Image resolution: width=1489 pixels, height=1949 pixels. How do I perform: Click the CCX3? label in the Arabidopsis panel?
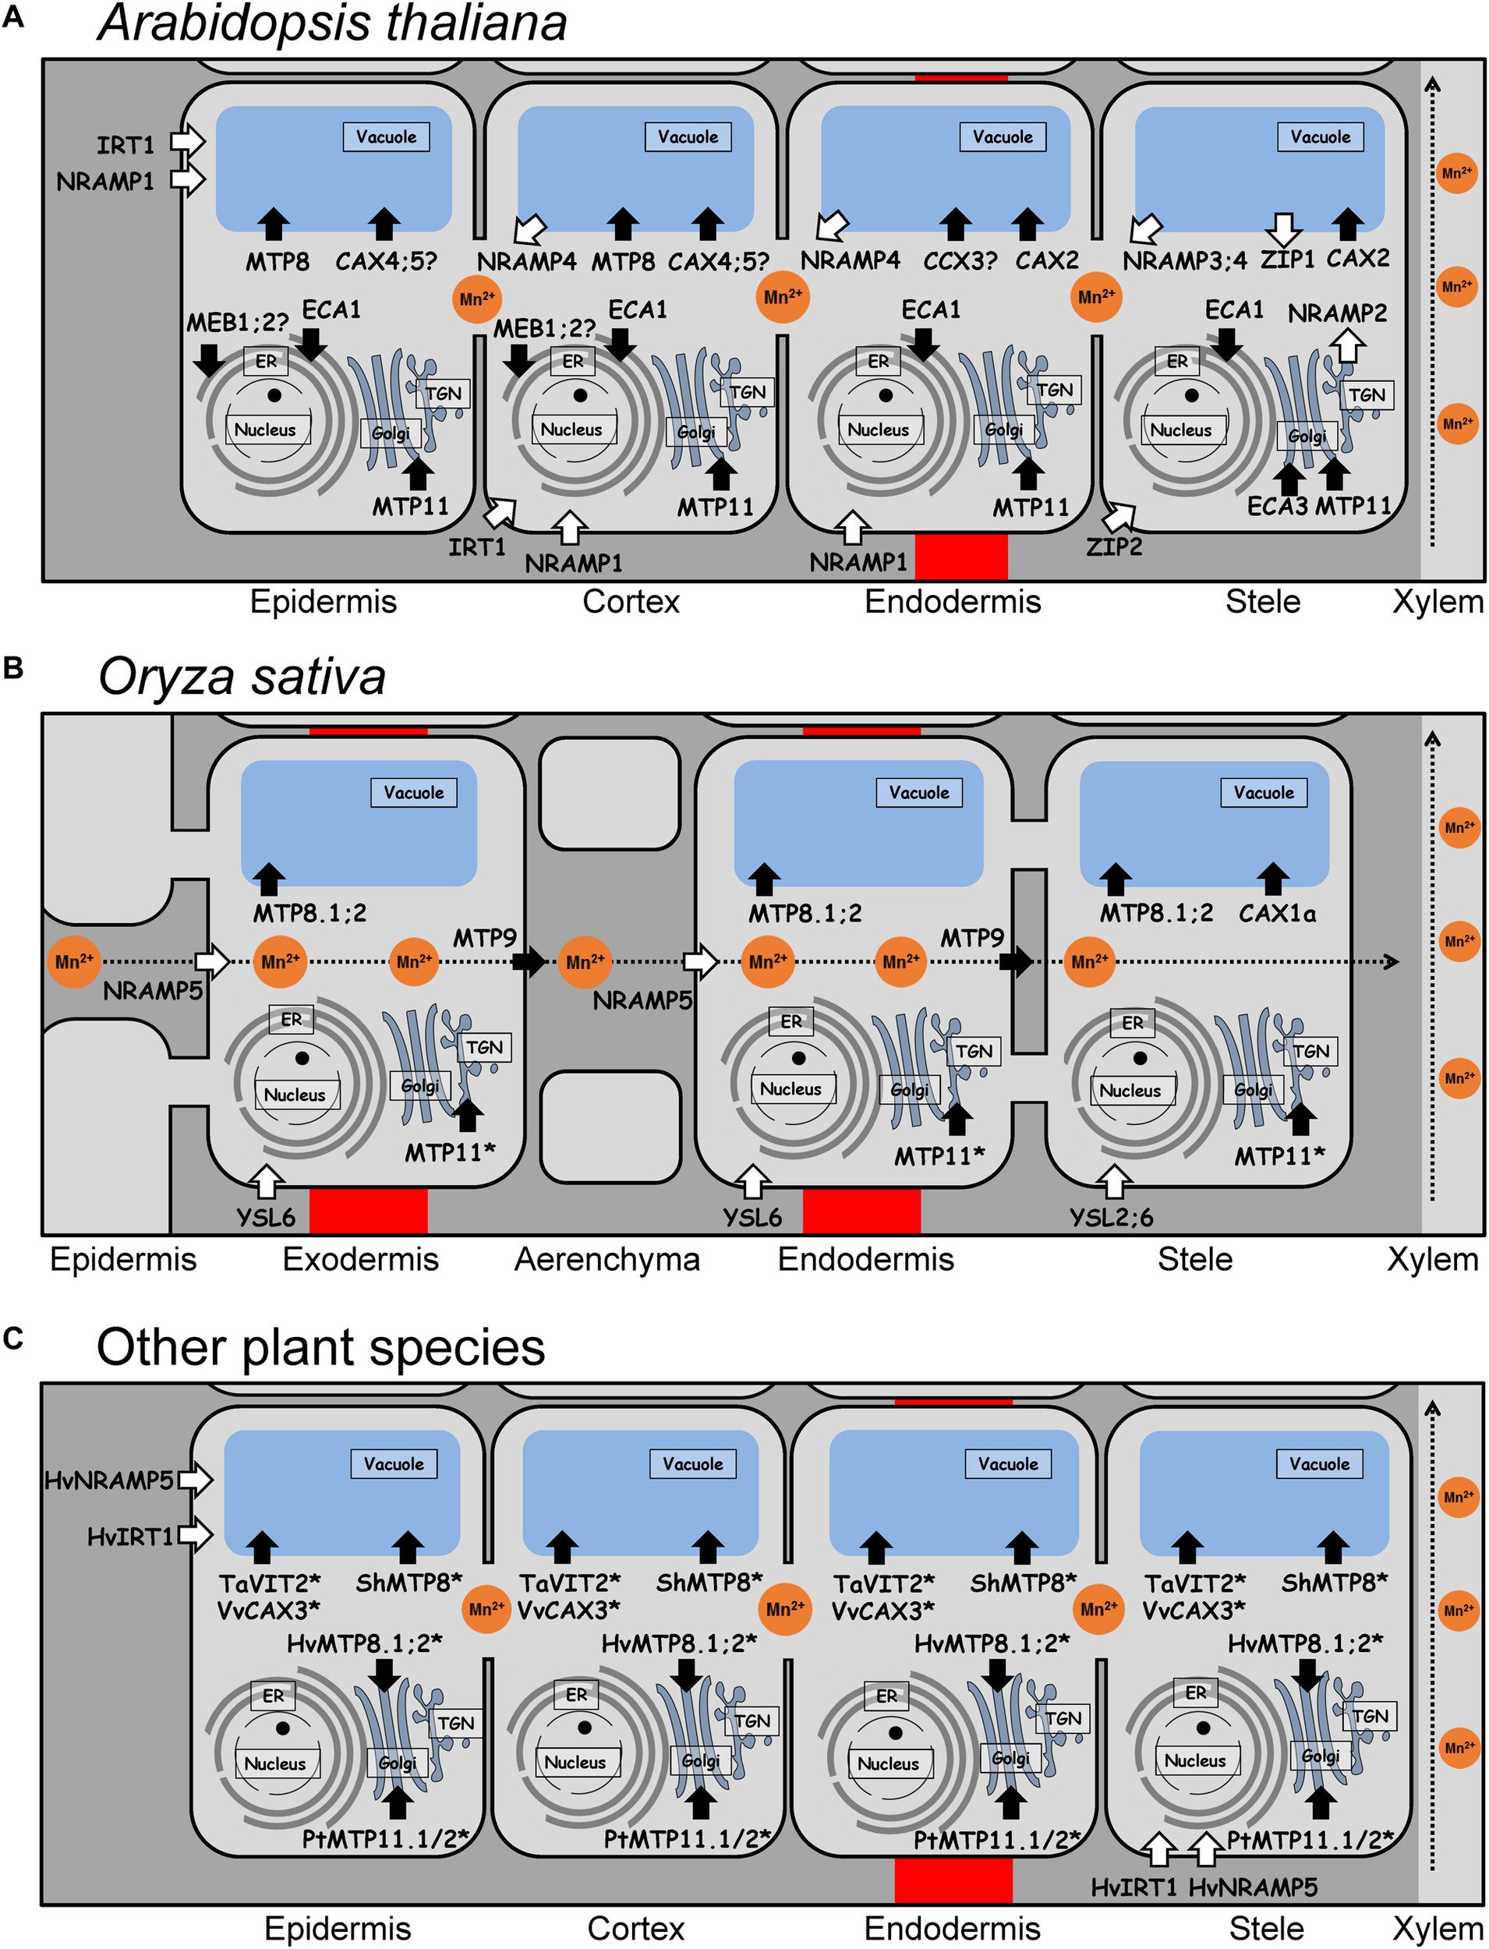[960, 260]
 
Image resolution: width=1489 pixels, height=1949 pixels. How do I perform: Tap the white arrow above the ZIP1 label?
[1282, 228]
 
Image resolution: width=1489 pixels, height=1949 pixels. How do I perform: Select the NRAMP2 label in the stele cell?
[1336, 313]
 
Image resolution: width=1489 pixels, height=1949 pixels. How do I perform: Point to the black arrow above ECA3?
[1289, 479]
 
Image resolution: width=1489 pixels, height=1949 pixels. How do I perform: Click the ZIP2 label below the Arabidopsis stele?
[1114, 546]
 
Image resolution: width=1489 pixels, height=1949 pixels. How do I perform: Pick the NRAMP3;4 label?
[1184, 260]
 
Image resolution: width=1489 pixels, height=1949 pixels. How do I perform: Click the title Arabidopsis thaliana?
[332, 23]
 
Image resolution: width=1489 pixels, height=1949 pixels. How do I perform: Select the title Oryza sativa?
[242, 677]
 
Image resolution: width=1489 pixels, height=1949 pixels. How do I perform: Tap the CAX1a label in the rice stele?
[1276, 913]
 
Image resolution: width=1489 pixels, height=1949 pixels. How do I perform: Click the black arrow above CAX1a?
[1274, 879]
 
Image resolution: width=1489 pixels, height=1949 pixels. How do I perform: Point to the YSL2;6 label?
[1112, 1217]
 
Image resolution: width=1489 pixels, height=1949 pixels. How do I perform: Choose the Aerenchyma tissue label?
[607, 1260]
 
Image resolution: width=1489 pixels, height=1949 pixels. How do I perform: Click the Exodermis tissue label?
[361, 1260]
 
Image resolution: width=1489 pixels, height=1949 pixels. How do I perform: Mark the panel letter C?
[13, 1339]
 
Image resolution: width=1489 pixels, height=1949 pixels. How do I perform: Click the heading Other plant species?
[321, 1347]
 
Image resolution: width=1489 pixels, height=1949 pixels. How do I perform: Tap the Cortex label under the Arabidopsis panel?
[631, 602]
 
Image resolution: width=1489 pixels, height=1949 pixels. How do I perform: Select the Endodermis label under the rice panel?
[866, 1260]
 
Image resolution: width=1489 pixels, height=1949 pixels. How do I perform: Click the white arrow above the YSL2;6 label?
[1114, 1181]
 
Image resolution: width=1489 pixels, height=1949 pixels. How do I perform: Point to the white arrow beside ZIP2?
[1120, 516]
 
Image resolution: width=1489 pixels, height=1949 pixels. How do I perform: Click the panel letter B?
[13, 668]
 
